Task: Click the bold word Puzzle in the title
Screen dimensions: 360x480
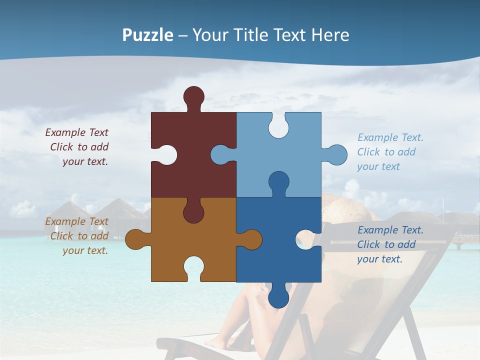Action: point(147,35)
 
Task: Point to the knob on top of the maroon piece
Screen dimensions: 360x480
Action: point(193,96)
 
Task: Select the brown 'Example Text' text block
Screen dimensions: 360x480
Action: point(77,236)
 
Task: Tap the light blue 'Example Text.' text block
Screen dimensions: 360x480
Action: point(389,152)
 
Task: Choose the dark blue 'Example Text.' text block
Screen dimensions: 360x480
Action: point(389,244)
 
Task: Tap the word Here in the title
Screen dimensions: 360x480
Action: point(330,35)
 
